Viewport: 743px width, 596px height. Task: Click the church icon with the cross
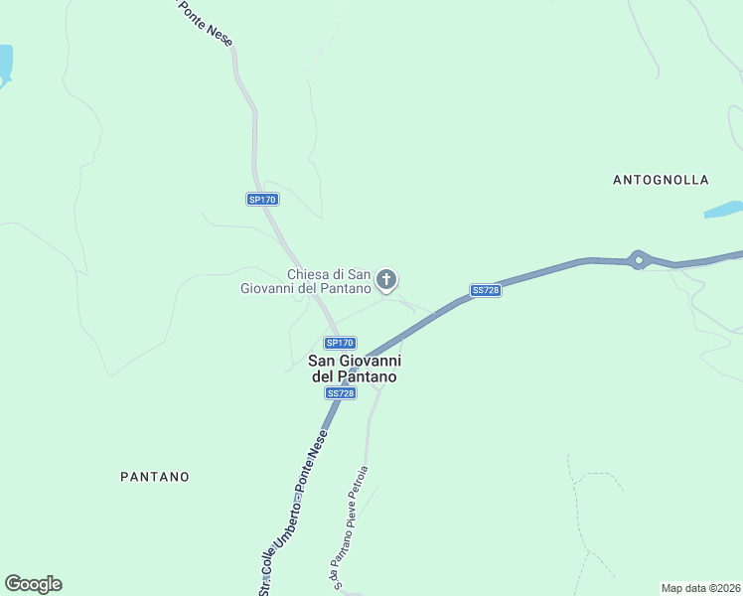point(387,280)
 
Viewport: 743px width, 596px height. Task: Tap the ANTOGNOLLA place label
point(661,180)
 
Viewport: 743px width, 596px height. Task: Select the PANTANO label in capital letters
point(154,477)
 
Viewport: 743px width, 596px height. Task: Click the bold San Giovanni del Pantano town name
point(355,370)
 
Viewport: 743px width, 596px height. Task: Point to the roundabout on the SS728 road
point(639,261)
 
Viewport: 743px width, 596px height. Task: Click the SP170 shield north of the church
point(262,200)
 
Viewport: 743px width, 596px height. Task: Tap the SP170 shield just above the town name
point(340,343)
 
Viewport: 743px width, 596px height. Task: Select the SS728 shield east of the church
point(485,290)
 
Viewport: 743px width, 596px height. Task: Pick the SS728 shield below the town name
point(340,393)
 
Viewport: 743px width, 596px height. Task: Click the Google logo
point(33,584)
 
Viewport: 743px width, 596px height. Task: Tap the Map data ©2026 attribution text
point(700,588)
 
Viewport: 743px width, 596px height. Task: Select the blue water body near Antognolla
point(723,210)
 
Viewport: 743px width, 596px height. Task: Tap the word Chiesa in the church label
point(308,274)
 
